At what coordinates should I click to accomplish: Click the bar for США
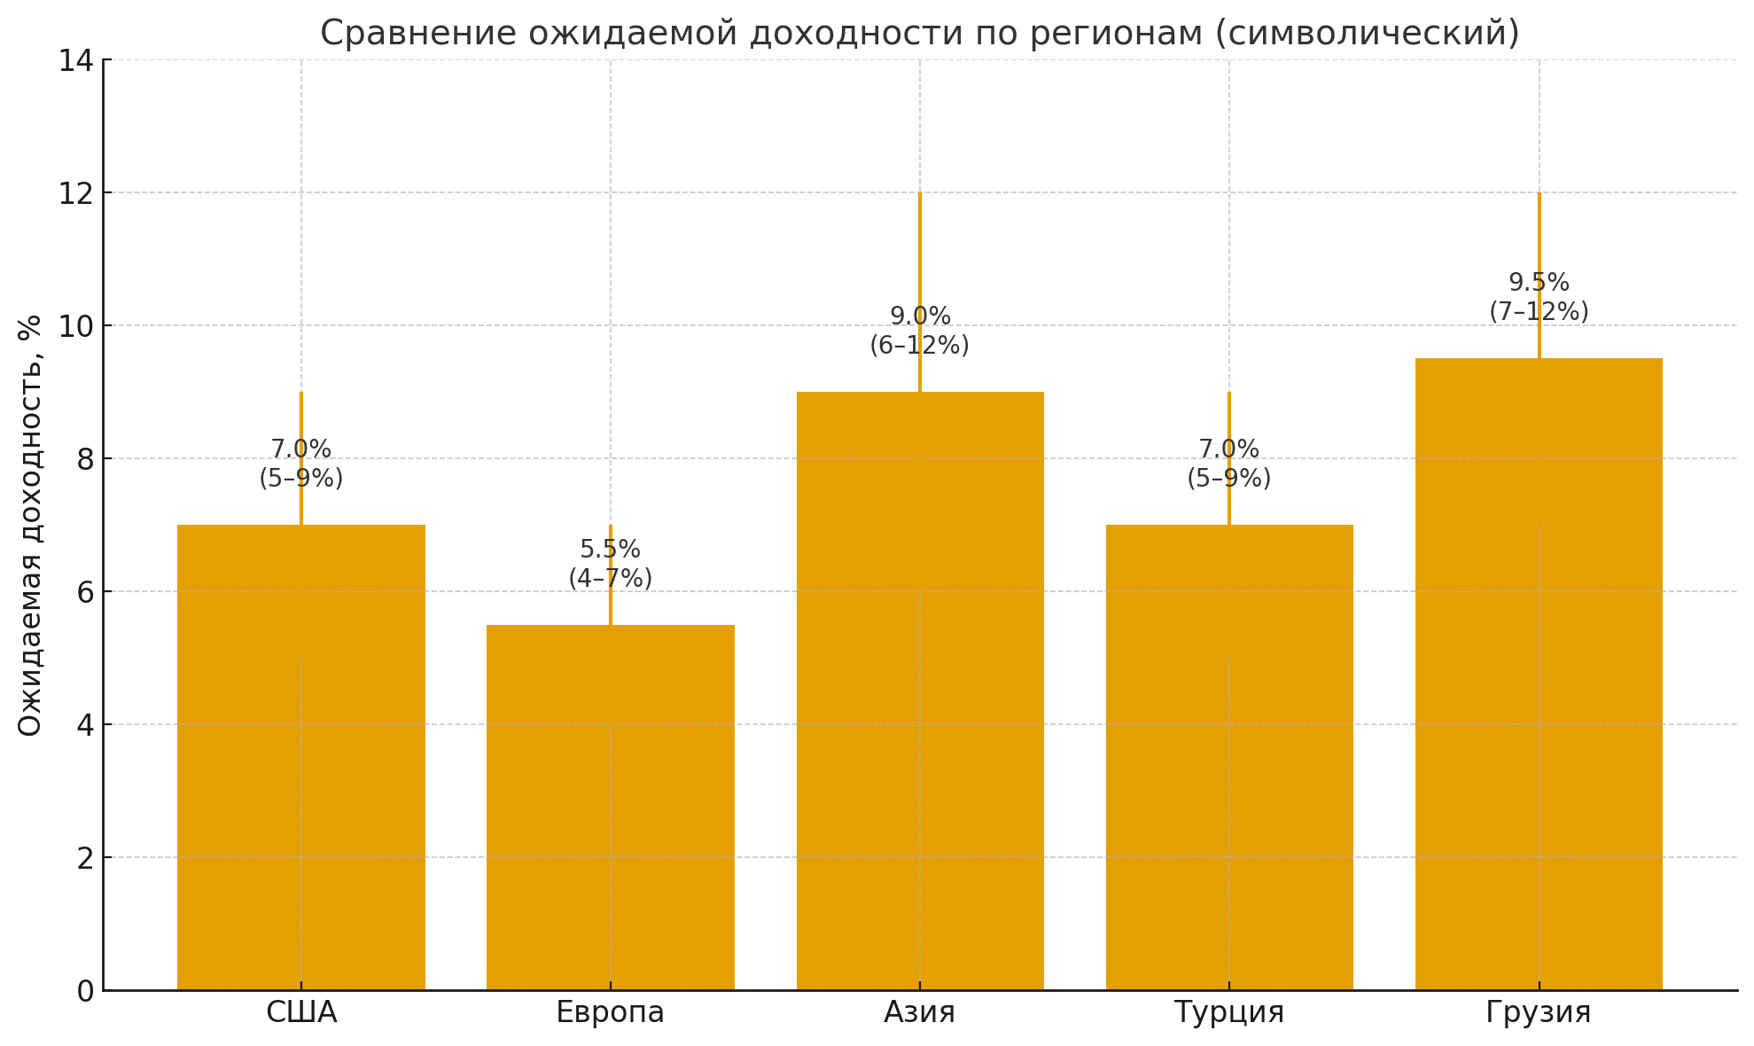pos(300,757)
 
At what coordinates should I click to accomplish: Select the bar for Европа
pos(610,807)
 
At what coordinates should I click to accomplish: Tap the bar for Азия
pos(919,691)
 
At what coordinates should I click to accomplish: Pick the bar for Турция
pos(1228,757)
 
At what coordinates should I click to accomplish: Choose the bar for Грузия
pos(1538,674)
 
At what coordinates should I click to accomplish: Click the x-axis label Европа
pos(610,1012)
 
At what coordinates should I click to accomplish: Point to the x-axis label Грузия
pos(1538,1012)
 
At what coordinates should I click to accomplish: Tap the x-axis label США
pos(300,1012)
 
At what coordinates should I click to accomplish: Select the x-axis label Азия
pos(919,1012)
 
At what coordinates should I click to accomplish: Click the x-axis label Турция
pos(1228,1012)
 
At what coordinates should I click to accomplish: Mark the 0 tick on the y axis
pos(85,991)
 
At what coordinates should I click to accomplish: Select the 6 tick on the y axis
pos(85,592)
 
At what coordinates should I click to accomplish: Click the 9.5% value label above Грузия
pos(1539,283)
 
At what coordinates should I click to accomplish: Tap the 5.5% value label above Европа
pos(610,550)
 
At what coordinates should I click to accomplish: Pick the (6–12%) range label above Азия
pos(919,346)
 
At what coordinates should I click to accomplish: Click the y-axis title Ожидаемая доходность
pos(30,525)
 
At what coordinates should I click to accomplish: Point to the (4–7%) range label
pos(610,579)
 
